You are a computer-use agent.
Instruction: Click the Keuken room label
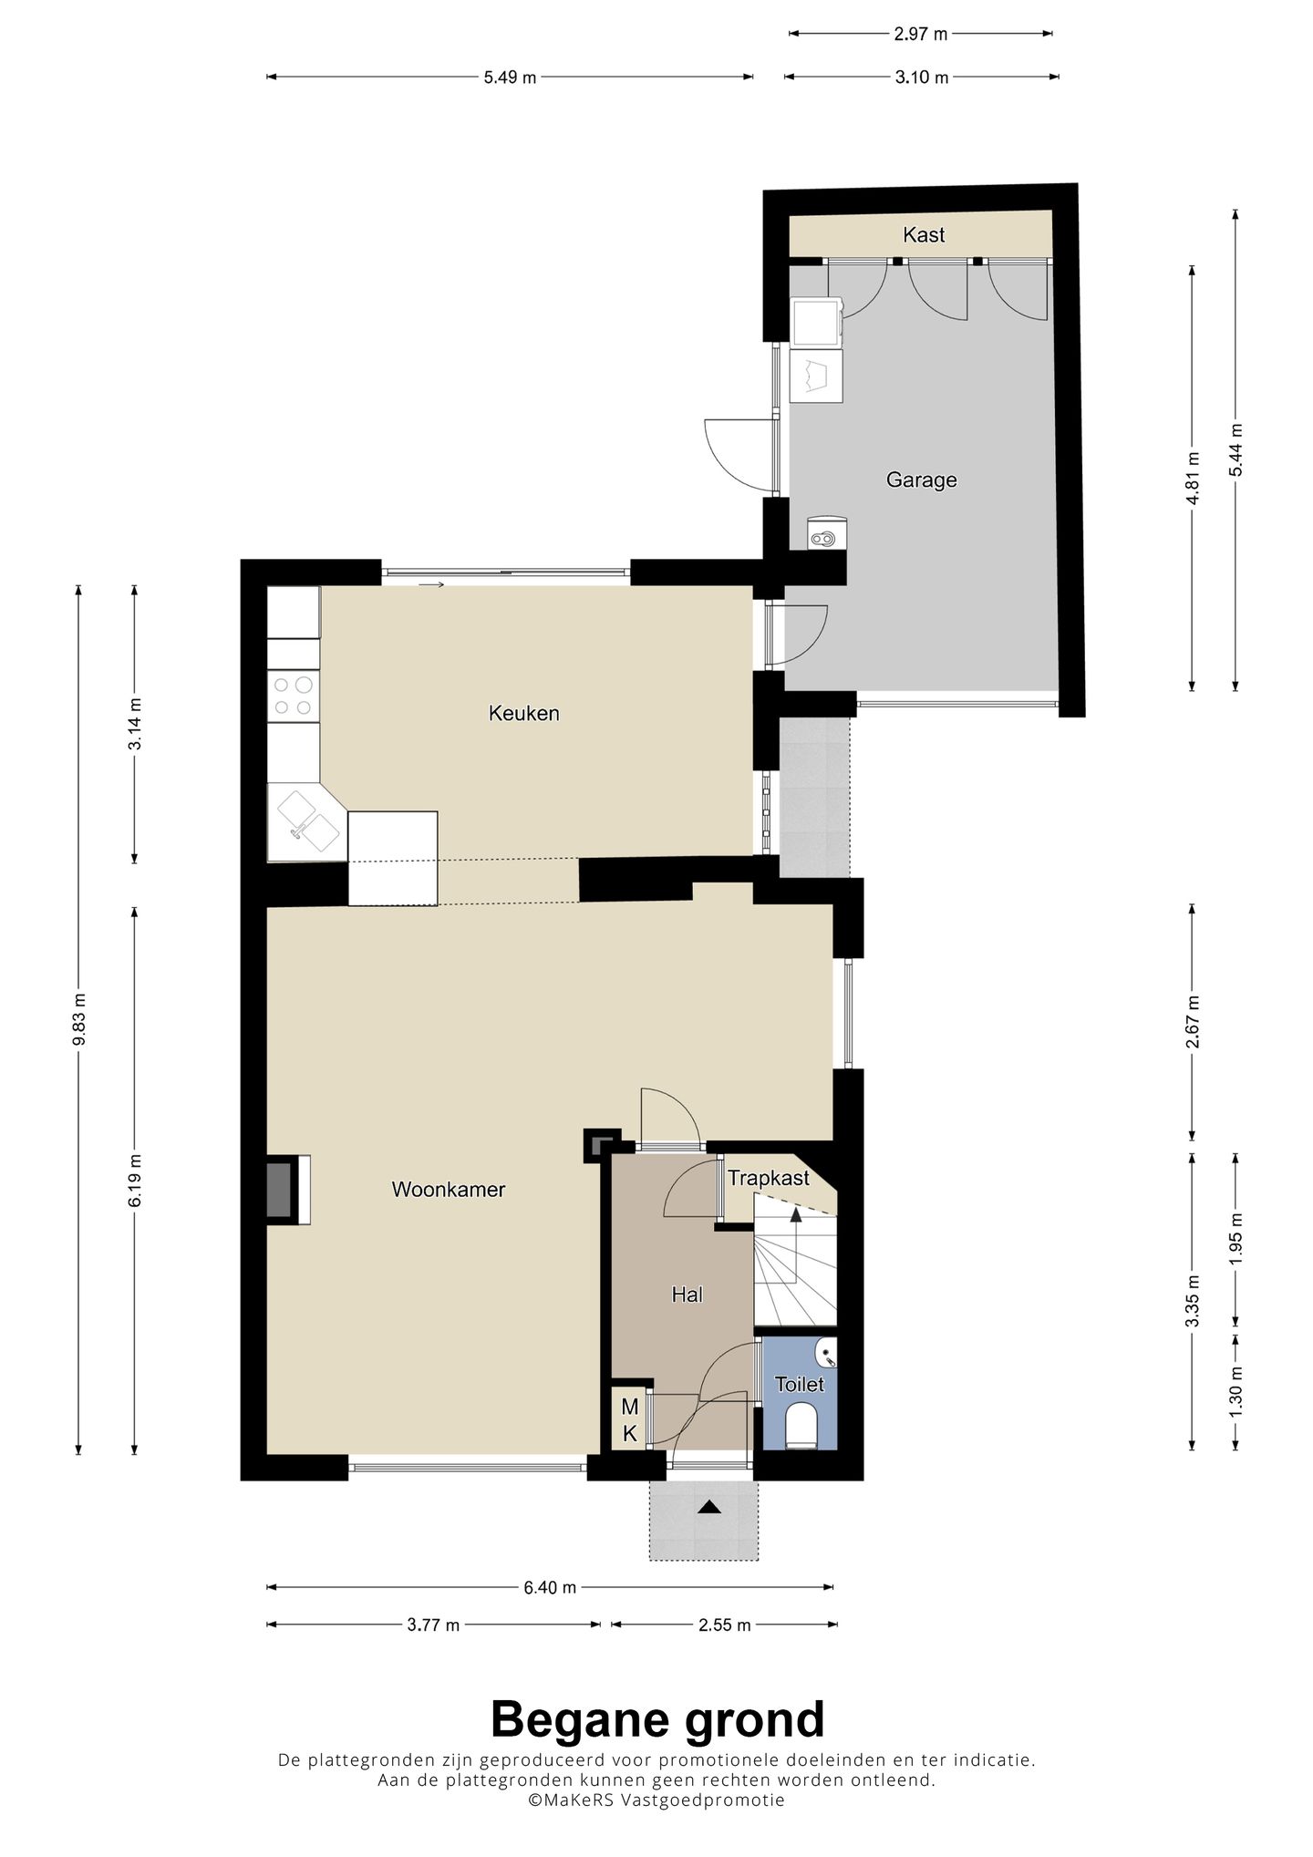click(x=523, y=713)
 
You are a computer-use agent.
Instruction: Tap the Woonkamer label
click(x=448, y=1190)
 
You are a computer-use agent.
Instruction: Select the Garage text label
click(x=921, y=480)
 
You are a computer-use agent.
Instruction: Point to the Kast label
click(x=924, y=235)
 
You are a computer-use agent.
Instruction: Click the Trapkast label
click(x=768, y=1179)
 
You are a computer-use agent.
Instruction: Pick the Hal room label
click(x=687, y=1295)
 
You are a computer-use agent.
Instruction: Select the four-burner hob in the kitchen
click(x=294, y=696)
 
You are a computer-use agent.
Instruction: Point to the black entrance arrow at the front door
click(x=708, y=1507)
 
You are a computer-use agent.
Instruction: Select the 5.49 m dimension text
click(x=510, y=77)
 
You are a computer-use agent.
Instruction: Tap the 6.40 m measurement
click(x=550, y=1587)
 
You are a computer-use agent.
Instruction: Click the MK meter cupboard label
click(x=629, y=1420)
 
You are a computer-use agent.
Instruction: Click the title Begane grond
click(x=657, y=1719)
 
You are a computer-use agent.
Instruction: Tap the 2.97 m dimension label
click(x=921, y=35)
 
